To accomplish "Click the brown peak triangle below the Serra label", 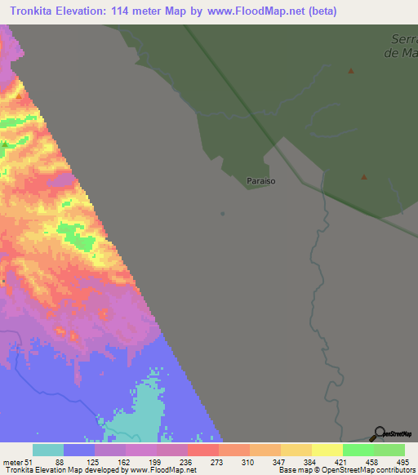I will (x=351, y=71).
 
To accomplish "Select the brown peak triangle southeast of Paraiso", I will (x=364, y=176).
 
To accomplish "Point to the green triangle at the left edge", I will (x=4, y=144).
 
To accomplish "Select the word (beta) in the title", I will (x=319, y=11).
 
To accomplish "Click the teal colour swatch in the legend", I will (x=48, y=450).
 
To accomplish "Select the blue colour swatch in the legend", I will (x=79, y=450).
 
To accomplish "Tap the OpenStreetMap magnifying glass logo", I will (x=379, y=433).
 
